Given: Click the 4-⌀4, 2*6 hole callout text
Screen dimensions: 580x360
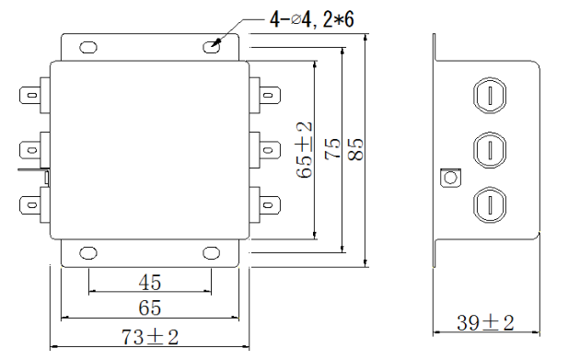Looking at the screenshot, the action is [x=312, y=19].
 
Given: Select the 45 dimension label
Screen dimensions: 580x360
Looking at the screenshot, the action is [x=150, y=283].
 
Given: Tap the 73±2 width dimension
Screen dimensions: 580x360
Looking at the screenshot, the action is [x=150, y=337].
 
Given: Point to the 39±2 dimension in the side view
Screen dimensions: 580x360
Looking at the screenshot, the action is [x=485, y=322].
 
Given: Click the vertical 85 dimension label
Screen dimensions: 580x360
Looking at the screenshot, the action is [x=356, y=149].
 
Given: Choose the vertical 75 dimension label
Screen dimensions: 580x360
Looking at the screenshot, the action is [x=332, y=149].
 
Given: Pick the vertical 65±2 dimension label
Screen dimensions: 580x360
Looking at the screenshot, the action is [x=305, y=150].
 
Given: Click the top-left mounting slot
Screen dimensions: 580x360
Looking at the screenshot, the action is [x=88, y=47].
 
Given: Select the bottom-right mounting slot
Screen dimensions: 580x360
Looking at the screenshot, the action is [x=211, y=253].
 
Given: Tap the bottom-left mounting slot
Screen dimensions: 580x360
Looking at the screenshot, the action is [x=88, y=253].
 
